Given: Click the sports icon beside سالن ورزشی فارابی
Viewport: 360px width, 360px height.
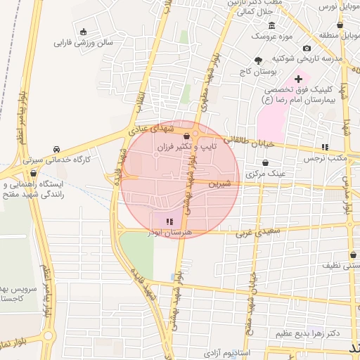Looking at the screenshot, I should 84,32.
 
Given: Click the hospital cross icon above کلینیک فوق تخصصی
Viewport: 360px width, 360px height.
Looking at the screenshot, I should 298,78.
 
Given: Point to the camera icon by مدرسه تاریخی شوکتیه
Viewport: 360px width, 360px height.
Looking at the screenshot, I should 307,48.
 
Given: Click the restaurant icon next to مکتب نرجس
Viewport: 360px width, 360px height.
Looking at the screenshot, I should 325,147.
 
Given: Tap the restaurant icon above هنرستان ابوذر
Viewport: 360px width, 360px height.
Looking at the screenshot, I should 169,221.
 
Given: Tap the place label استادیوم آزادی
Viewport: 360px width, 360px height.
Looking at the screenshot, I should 229,350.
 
